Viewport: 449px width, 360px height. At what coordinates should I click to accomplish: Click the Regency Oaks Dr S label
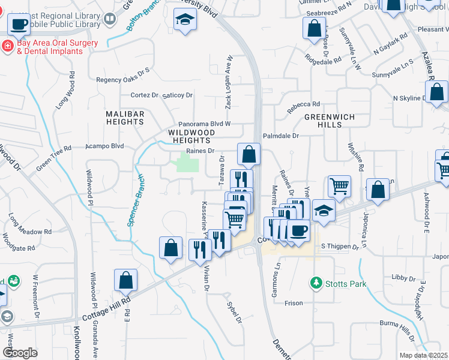click(x=122, y=79)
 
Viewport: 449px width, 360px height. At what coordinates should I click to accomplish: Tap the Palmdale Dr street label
click(x=280, y=136)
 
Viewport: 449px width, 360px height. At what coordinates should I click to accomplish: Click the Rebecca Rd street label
click(x=304, y=103)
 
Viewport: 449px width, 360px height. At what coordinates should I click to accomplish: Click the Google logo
click(x=20, y=353)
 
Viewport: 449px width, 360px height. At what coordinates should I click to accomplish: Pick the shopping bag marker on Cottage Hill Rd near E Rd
click(x=125, y=280)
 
